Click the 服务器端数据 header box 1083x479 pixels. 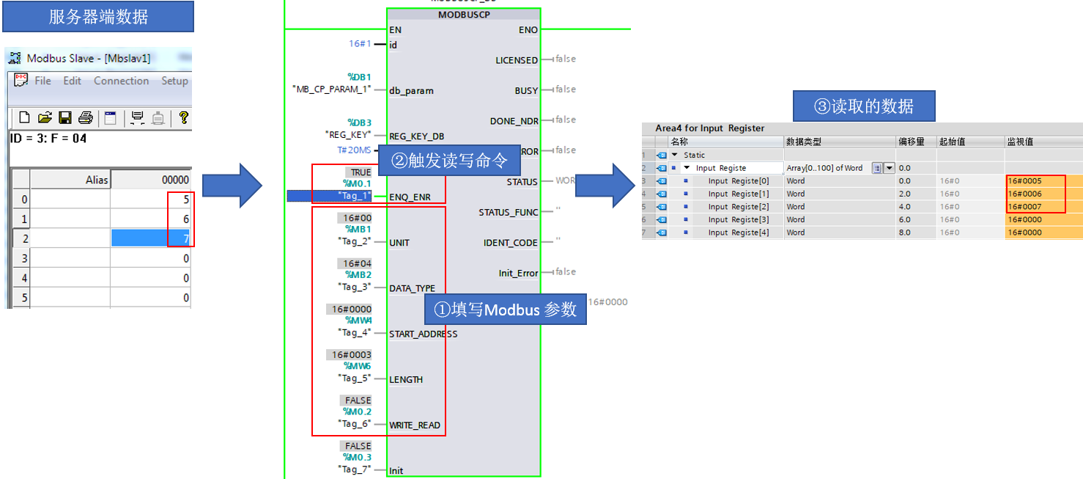coord(98,17)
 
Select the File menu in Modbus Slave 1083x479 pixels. coord(43,81)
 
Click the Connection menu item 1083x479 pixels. coord(121,81)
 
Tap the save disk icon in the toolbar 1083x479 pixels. coord(65,117)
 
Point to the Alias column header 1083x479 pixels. coord(96,180)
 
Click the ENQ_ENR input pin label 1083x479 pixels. coord(410,197)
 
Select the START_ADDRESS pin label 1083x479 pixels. coord(423,334)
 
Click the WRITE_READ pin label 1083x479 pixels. coord(415,425)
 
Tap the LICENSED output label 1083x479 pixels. coord(517,60)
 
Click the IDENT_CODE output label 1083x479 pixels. coord(511,243)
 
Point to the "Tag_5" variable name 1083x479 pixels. coord(355,379)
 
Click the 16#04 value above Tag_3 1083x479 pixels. coord(357,263)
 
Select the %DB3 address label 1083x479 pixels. coord(359,123)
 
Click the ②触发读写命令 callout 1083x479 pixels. coord(449,161)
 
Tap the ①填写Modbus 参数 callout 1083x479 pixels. coord(506,310)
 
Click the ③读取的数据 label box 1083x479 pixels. coord(864,106)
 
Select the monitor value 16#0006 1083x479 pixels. coord(1024,194)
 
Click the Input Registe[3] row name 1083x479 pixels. coord(739,219)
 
